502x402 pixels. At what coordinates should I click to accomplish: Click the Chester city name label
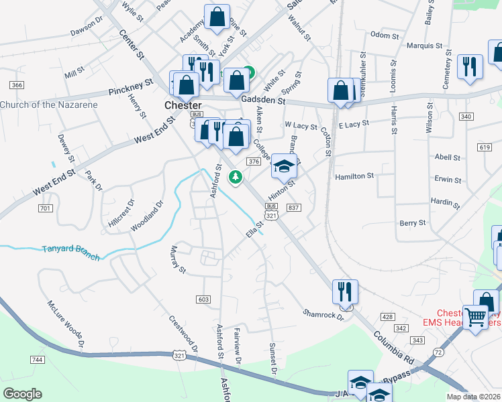coord(183,106)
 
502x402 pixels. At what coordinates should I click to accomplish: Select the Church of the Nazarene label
coord(48,105)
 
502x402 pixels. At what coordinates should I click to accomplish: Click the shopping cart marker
coord(476,317)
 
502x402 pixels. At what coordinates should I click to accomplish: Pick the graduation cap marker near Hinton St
coord(285,166)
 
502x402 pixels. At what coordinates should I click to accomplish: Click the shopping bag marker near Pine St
coord(217,18)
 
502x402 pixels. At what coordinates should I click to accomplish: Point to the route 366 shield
coord(17,84)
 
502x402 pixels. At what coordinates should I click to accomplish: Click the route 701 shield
coord(46,209)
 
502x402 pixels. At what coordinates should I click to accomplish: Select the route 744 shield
coord(37,360)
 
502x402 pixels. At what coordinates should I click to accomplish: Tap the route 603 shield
coord(204,299)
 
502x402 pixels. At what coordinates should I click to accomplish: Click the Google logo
coord(23,393)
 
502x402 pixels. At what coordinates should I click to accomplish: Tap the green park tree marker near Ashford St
coord(235,178)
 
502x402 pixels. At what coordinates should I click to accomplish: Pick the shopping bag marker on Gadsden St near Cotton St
coord(341,92)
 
